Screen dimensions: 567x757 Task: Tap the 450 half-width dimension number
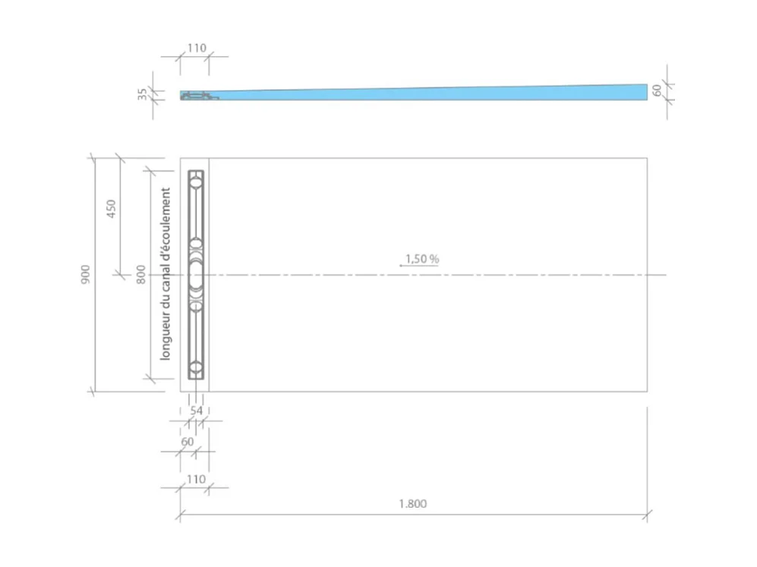click(x=110, y=209)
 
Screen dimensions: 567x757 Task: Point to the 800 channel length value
click(x=140, y=273)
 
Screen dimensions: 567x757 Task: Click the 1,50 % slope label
click(x=422, y=259)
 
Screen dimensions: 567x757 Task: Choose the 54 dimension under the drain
click(x=196, y=411)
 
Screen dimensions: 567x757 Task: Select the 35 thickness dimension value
click(x=143, y=94)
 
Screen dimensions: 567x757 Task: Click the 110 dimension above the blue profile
click(x=196, y=48)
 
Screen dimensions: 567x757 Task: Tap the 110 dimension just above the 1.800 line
click(x=196, y=479)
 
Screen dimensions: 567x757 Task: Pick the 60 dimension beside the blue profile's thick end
click(x=658, y=91)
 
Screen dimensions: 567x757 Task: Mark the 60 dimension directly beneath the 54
click(x=188, y=441)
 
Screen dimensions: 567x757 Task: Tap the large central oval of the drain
click(x=196, y=275)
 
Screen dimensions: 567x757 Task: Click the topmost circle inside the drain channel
click(x=196, y=181)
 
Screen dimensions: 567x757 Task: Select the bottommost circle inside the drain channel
click(x=196, y=368)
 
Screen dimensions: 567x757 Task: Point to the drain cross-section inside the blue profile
click(x=197, y=96)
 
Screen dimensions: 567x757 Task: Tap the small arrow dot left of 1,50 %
click(x=401, y=266)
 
